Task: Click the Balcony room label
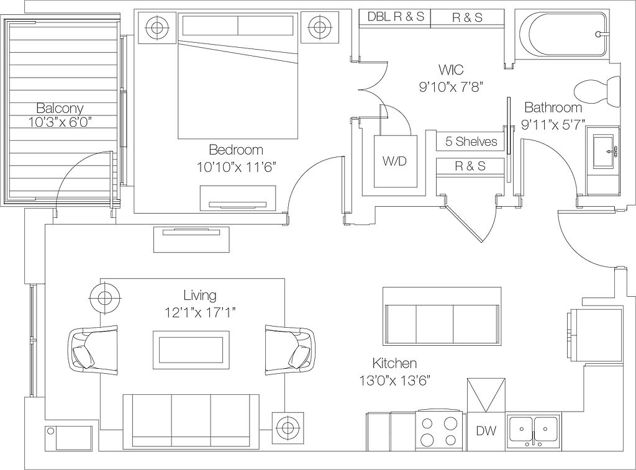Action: point(60,108)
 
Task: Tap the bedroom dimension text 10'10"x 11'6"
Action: point(237,167)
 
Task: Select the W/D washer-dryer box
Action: point(396,161)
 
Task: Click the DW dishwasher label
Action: point(486,430)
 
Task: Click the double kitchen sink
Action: point(534,432)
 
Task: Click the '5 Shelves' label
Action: point(471,142)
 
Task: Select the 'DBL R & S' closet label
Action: point(396,17)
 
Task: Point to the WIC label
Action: point(451,70)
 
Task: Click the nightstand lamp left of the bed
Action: point(157,27)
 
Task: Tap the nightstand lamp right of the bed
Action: point(319,27)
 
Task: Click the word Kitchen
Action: point(394,363)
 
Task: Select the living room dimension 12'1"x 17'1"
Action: point(201,313)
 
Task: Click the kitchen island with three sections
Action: point(442,323)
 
